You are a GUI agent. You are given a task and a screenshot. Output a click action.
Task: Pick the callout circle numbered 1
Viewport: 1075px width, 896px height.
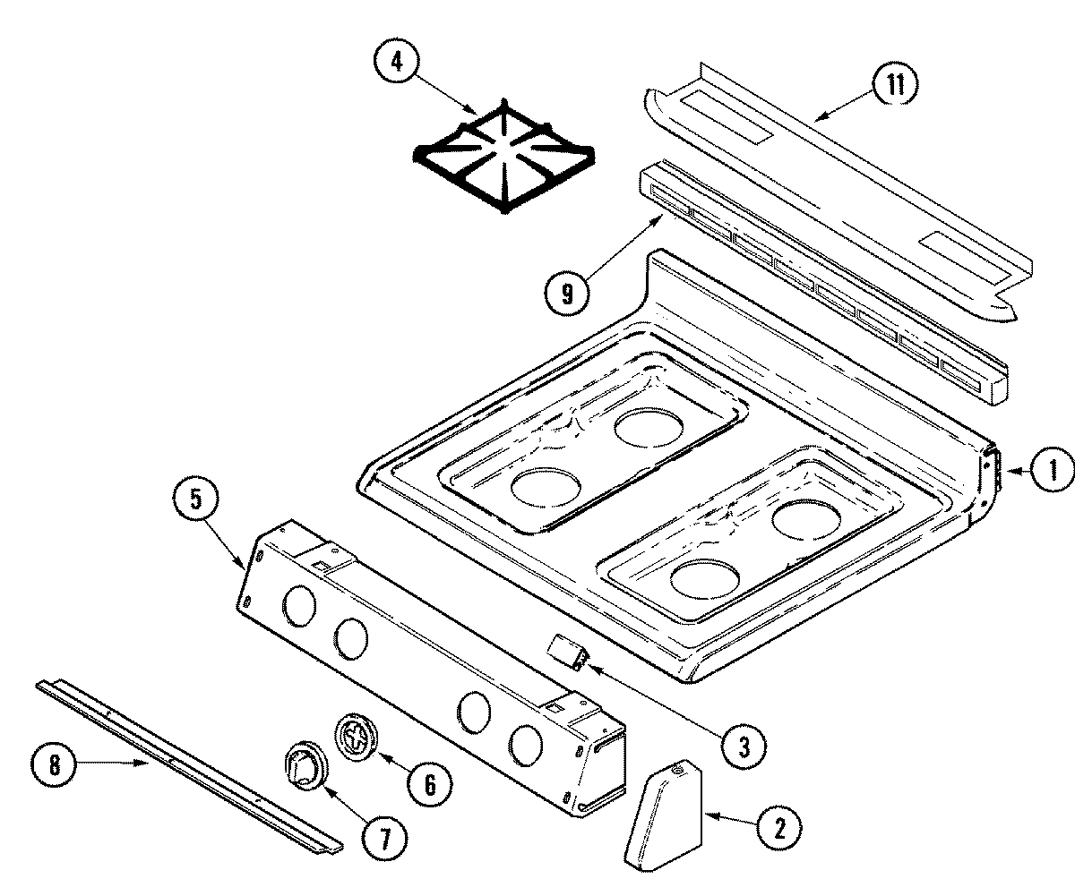point(1052,468)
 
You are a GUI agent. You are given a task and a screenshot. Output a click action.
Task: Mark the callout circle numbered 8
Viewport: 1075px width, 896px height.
point(54,765)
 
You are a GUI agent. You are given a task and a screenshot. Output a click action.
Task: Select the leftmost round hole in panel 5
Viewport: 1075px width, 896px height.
point(299,608)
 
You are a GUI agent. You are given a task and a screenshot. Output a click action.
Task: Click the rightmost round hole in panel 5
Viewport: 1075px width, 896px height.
point(525,743)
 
